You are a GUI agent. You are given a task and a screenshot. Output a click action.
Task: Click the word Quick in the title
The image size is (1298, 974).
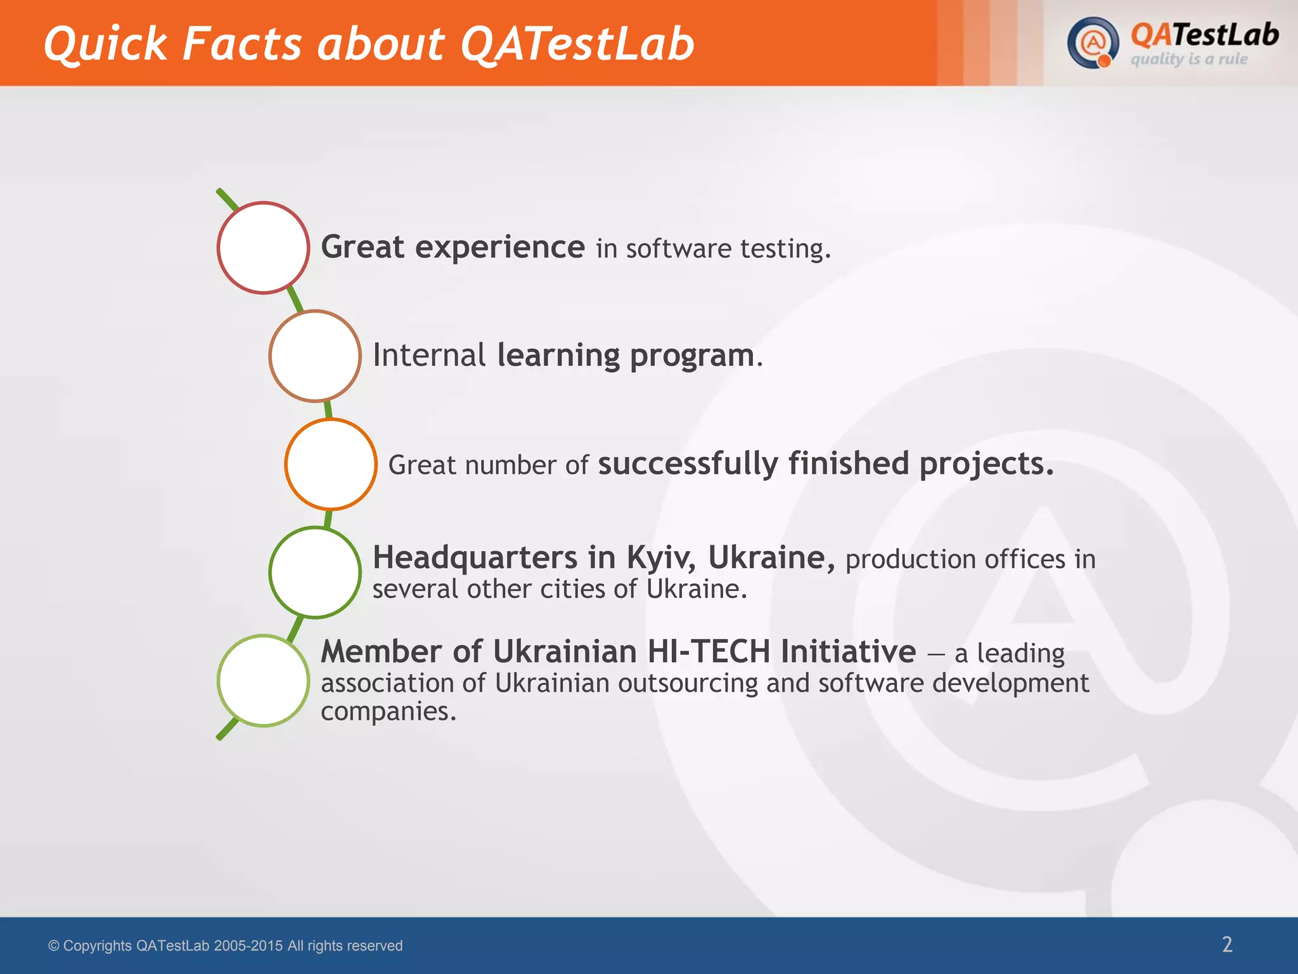point(105,44)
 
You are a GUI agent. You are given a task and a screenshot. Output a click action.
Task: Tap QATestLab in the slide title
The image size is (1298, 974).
point(577,44)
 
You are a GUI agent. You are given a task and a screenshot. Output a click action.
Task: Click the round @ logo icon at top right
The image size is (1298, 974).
point(1092,43)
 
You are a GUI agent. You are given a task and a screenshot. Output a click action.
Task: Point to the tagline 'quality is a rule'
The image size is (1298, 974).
point(1189,59)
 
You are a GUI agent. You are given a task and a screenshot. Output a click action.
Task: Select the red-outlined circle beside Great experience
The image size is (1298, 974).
point(263,248)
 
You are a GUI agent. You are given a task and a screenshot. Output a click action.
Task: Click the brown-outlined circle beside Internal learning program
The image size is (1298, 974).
point(315,356)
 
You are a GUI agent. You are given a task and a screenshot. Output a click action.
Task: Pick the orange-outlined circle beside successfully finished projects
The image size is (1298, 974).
point(331,464)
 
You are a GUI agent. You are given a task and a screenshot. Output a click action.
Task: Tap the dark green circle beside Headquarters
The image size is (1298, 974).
point(315,572)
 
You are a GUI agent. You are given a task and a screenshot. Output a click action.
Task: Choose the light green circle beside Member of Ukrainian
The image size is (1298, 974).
point(263,680)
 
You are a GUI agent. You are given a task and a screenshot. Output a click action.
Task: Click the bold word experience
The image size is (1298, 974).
point(499,247)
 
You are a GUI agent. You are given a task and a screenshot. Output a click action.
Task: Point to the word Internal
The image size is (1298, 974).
point(429,355)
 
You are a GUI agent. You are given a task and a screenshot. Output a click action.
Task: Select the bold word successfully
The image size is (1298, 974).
point(688,464)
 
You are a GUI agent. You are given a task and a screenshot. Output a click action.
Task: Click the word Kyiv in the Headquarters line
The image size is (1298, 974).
point(661,558)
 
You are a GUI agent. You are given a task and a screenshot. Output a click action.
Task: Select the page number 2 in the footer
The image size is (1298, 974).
point(1227,945)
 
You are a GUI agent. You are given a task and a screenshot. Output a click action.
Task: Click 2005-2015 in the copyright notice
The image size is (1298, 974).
point(248,945)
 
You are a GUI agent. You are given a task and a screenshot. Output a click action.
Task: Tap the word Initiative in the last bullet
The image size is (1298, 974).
point(848,652)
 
